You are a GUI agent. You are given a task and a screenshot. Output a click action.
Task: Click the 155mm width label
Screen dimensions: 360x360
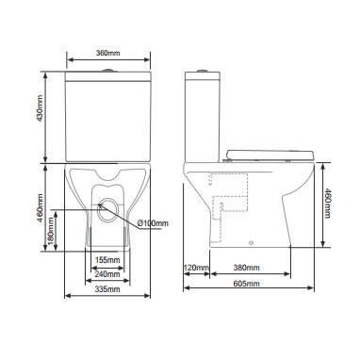(x=107, y=259)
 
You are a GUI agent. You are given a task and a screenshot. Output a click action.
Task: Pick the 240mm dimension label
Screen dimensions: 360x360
(x=107, y=274)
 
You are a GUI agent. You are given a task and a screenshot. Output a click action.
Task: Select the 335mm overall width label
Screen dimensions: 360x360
(x=107, y=290)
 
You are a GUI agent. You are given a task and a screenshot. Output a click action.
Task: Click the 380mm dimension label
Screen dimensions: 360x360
(x=247, y=269)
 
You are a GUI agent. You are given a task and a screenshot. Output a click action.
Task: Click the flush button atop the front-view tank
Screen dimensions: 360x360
(x=107, y=71)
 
